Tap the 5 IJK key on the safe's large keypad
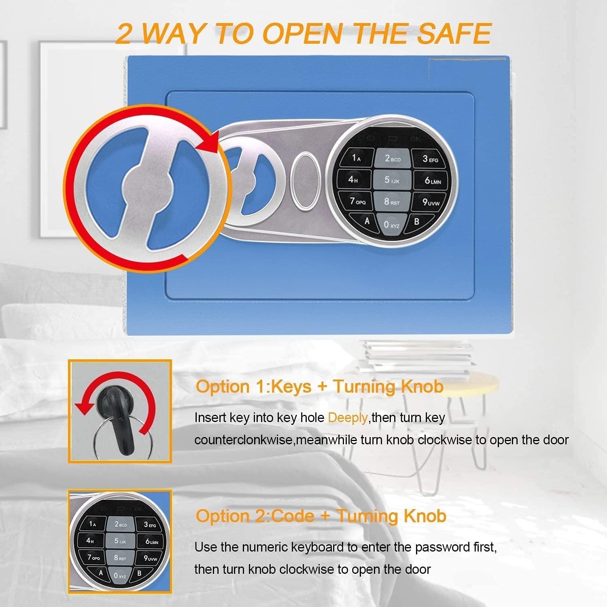(x=391, y=180)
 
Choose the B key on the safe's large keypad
(x=417, y=221)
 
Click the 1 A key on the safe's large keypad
(x=356, y=158)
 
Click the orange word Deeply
(x=347, y=418)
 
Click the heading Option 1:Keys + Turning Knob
(x=320, y=386)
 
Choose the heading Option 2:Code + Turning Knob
(x=321, y=516)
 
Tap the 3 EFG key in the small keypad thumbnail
(x=150, y=525)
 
